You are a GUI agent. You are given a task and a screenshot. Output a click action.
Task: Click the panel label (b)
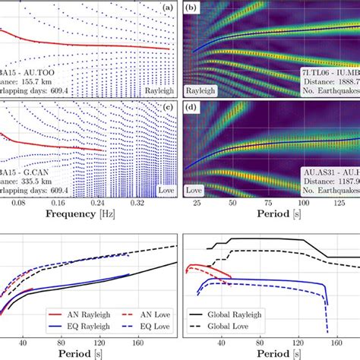[x=194, y=8]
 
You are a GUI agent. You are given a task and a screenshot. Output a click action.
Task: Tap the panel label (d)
[x=194, y=114]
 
